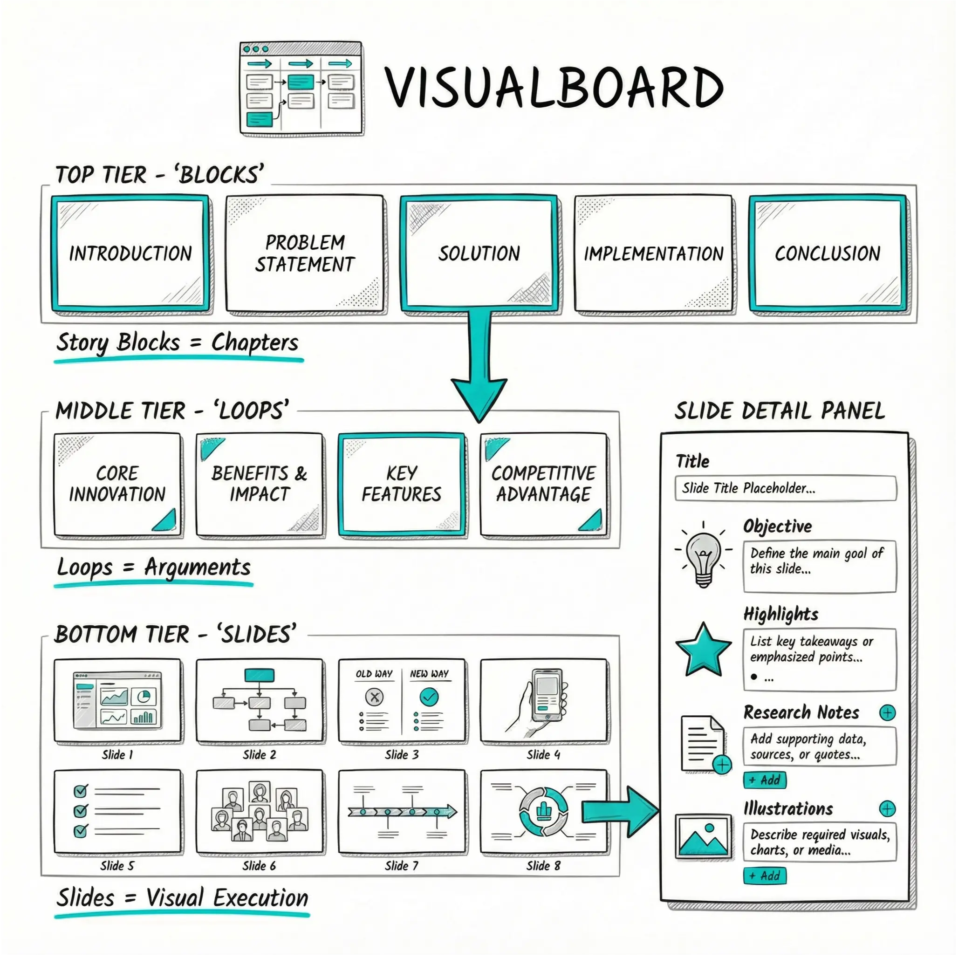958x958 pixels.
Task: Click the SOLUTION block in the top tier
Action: pyautogui.click(x=479, y=253)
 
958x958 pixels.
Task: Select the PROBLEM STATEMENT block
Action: pyautogui.click(x=304, y=253)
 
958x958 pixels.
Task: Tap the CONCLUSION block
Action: pyautogui.click(x=828, y=253)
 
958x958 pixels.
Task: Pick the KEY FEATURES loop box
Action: pyautogui.click(x=402, y=485)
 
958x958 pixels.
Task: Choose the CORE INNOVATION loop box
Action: pyautogui.click(x=117, y=485)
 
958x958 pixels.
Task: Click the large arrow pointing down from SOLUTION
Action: pyautogui.click(x=479, y=367)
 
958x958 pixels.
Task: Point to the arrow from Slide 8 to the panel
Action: pyautogui.click(x=620, y=812)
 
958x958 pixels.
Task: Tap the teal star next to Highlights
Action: pyautogui.click(x=703, y=650)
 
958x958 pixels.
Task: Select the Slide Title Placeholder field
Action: pyautogui.click(x=786, y=488)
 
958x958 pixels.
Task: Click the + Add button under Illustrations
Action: pyautogui.click(x=765, y=876)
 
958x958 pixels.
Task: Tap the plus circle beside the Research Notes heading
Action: pyautogui.click(x=887, y=712)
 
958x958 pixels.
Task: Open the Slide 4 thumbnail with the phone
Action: pyautogui.click(x=543, y=700)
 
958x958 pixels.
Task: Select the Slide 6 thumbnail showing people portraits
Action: pyautogui.click(x=260, y=811)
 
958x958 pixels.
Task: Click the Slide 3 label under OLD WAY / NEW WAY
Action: pyautogui.click(x=402, y=755)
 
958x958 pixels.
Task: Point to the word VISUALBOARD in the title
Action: pyautogui.click(x=554, y=88)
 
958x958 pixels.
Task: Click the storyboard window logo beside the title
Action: pyautogui.click(x=301, y=88)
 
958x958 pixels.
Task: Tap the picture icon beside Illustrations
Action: pyautogui.click(x=703, y=836)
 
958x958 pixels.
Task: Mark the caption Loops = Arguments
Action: pyautogui.click(x=154, y=567)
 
